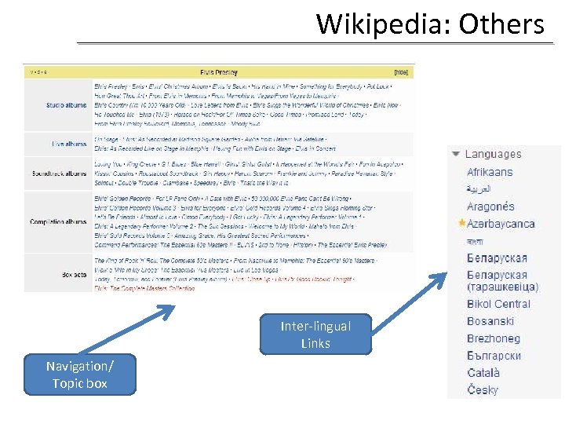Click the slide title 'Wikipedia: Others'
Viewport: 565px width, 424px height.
click(x=430, y=24)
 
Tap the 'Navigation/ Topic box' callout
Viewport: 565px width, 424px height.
click(x=80, y=375)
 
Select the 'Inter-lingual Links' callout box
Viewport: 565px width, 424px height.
click(x=315, y=334)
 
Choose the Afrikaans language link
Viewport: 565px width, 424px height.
click(x=490, y=172)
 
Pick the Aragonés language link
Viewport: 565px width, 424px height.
click(x=490, y=207)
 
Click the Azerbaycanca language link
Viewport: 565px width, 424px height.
click(x=501, y=224)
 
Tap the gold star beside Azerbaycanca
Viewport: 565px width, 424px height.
click(x=461, y=224)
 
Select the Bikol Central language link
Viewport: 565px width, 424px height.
click(x=498, y=304)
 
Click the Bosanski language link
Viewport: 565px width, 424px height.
click(x=490, y=321)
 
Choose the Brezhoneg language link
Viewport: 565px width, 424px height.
click(x=494, y=338)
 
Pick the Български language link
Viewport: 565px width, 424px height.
click(x=494, y=356)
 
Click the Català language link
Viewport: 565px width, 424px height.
click(x=483, y=373)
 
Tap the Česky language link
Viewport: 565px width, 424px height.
click(x=483, y=390)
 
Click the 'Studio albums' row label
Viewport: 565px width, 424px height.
click(x=67, y=104)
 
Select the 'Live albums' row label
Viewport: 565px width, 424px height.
click(x=69, y=144)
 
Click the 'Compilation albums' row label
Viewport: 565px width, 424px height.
click(x=59, y=222)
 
